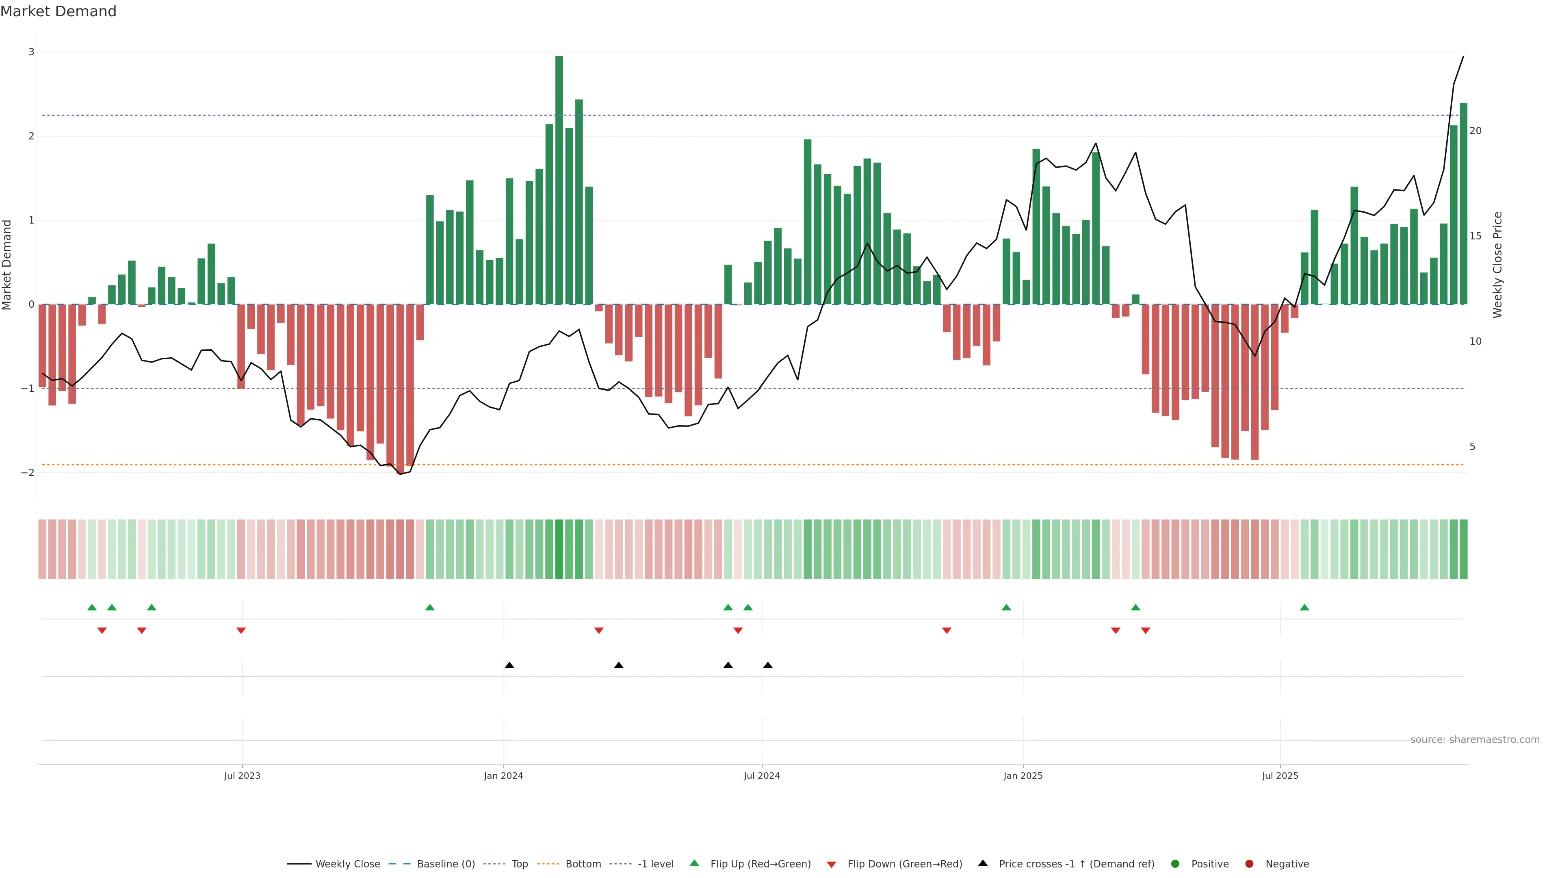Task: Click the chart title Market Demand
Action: [x=58, y=11]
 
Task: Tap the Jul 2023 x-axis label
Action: [x=242, y=776]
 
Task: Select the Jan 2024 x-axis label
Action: [x=503, y=776]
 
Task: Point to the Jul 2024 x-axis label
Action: [x=762, y=776]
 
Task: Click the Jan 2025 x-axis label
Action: [x=1023, y=776]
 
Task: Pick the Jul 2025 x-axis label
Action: [x=1280, y=776]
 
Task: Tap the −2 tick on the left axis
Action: [x=28, y=473]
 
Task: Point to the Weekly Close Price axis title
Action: [x=1497, y=265]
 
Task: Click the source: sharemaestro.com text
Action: [x=1475, y=740]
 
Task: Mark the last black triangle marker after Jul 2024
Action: [x=768, y=665]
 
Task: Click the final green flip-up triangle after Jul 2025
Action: [x=1304, y=607]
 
